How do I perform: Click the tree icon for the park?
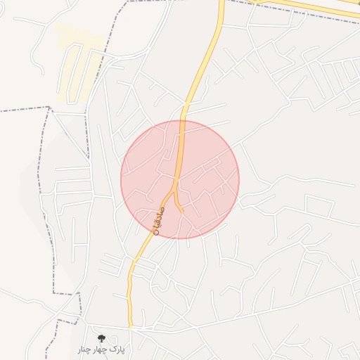pos(101,338)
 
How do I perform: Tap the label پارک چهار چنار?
pos(101,349)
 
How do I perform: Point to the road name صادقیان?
pos(157,219)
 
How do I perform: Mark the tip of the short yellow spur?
pos(182,210)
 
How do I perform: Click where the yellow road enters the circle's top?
pos(182,121)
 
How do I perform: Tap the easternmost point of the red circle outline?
pos(239,179)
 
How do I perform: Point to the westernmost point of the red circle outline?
pos(121,179)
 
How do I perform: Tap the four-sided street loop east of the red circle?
pos(319,207)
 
